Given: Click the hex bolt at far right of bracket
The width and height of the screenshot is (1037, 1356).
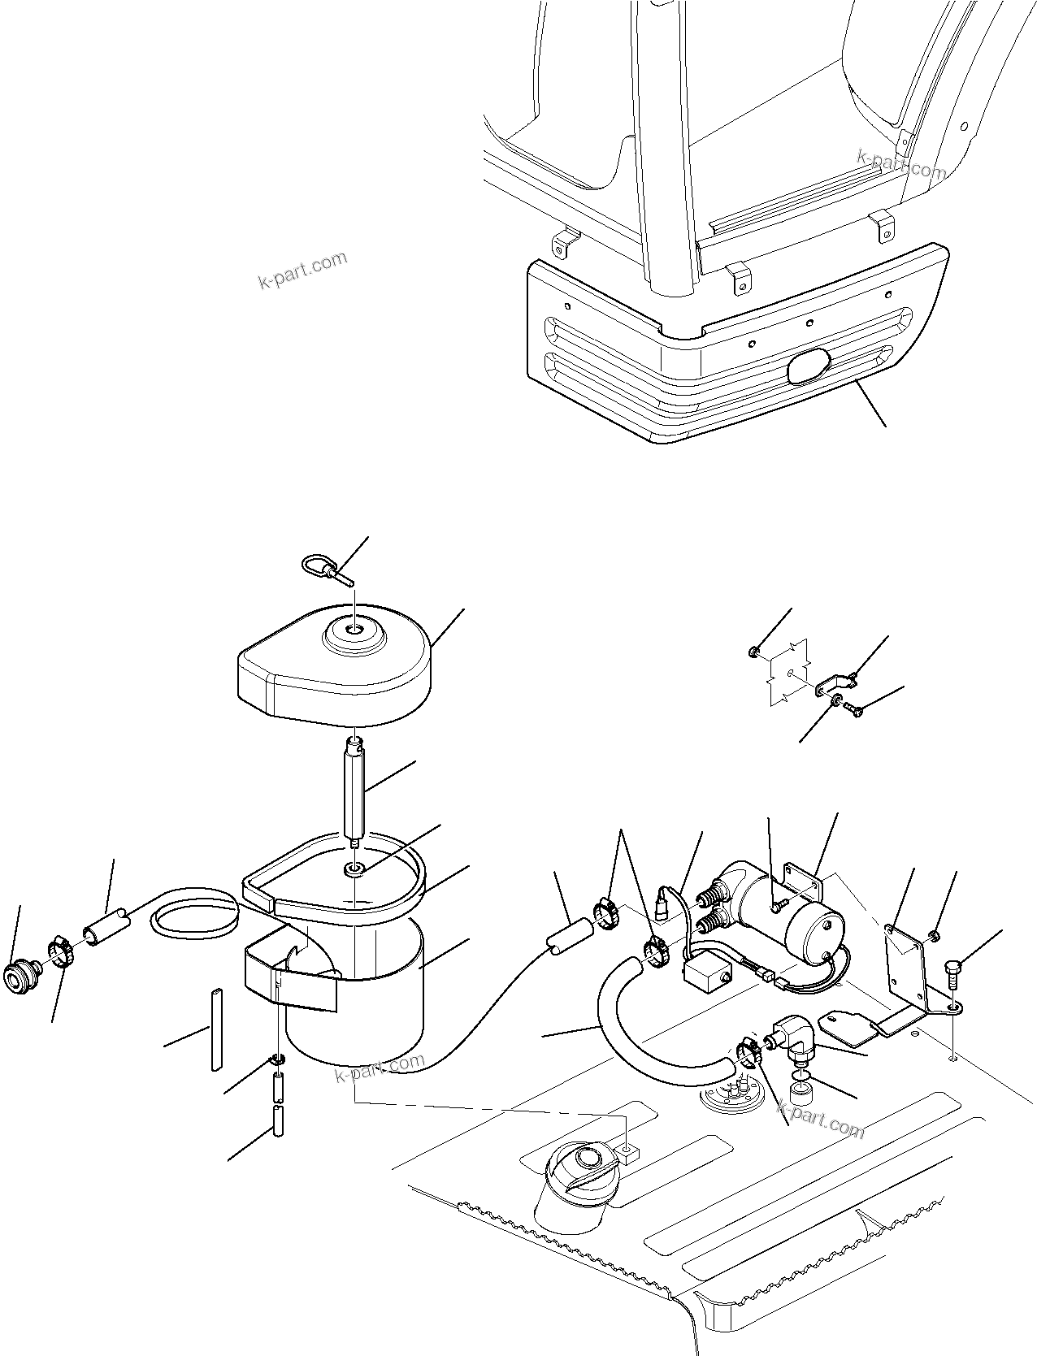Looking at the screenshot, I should (x=954, y=972).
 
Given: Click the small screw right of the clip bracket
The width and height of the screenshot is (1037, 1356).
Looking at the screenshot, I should (x=855, y=708).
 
